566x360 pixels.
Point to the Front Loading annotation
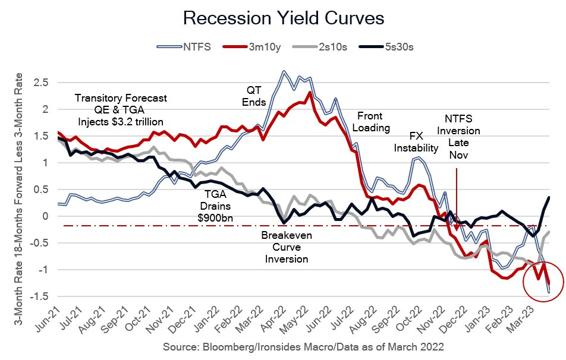(x=373, y=122)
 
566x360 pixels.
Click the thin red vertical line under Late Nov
(x=456, y=196)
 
